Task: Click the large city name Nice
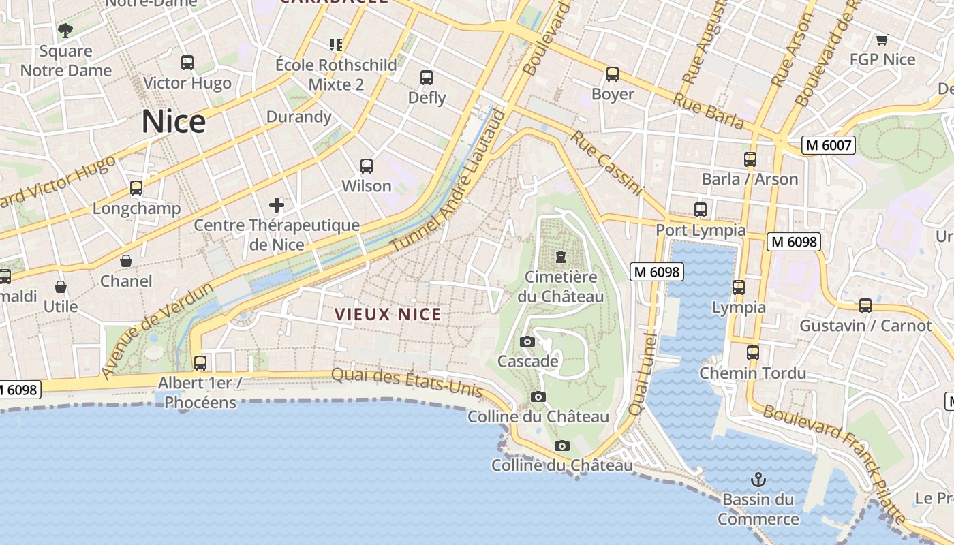(x=174, y=123)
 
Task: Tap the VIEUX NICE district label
(x=388, y=315)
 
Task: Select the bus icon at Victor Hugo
(x=187, y=63)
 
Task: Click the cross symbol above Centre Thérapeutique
(x=277, y=204)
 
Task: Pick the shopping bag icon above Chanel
(x=126, y=261)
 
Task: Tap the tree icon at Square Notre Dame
(x=65, y=30)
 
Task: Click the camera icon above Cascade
(x=527, y=341)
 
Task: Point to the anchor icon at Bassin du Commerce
(x=758, y=480)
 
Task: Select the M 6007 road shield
(x=828, y=145)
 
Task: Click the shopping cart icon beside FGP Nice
(x=882, y=40)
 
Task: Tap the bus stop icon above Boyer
(x=613, y=74)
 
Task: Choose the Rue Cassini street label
(x=606, y=163)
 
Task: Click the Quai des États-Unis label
(x=407, y=383)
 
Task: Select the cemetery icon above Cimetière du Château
(x=560, y=257)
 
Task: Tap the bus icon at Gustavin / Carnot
(x=865, y=306)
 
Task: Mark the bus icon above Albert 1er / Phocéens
(x=200, y=362)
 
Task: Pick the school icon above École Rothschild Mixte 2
(x=335, y=45)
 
